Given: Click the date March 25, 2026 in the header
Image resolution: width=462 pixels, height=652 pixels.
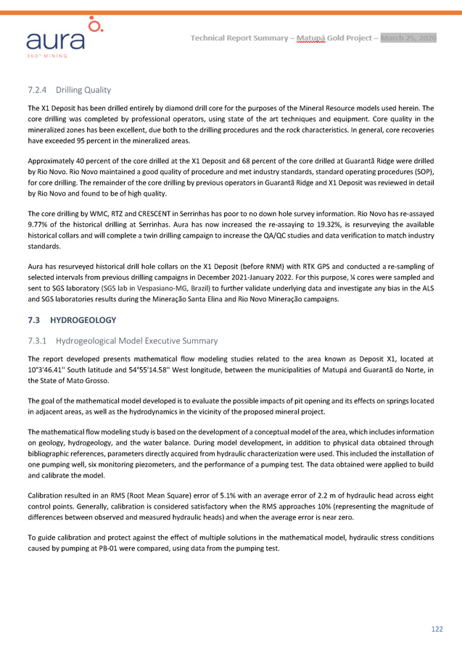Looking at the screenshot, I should coord(408,38).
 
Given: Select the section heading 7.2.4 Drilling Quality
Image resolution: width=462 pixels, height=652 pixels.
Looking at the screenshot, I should coord(69,90).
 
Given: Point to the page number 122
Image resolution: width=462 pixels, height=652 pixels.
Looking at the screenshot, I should coord(437,629).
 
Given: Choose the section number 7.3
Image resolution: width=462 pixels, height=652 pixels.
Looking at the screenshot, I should coord(33,319).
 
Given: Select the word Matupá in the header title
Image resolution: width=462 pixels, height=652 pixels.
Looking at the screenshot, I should coord(310,38).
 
